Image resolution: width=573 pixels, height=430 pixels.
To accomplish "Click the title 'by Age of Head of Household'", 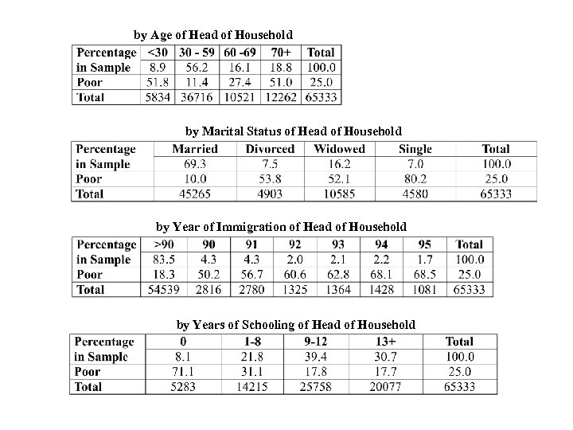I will (212, 35).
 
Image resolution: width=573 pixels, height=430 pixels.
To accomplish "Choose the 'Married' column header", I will (195, 149).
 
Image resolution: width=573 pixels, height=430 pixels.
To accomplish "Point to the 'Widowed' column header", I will (340, 149).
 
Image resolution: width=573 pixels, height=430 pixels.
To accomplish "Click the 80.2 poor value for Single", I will (415, 179).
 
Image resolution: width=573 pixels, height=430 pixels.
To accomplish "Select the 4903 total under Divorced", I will (270, 194).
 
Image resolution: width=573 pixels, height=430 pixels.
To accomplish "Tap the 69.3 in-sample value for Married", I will (195, 164).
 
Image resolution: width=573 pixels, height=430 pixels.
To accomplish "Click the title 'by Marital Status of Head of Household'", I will (294, 131).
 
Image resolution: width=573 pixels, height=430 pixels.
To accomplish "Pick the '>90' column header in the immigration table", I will (165, 245).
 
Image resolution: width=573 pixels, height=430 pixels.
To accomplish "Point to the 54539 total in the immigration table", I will (165, 290).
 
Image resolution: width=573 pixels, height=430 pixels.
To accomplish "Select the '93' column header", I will (339, 245).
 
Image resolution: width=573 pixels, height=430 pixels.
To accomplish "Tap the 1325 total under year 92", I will (296, 290).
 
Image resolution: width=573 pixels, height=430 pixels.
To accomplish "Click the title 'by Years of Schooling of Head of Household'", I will (295, 325).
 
